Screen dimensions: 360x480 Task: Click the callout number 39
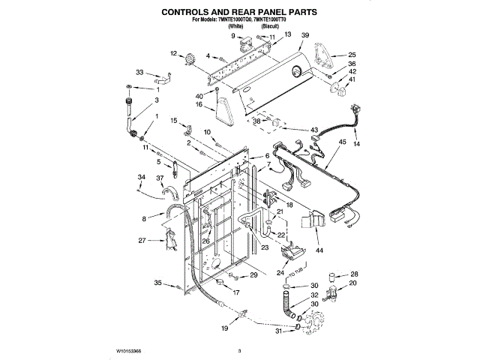(305, 35)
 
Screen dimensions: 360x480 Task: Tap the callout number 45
(342, 142)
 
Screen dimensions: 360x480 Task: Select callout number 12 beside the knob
(173, 53)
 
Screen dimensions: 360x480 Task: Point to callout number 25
(352, 55)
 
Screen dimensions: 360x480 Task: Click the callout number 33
(139, 72)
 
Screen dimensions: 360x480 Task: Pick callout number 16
(200, 105)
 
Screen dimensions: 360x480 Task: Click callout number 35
(158, 283)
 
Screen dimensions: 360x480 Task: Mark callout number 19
(224, 328)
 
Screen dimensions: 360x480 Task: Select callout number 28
(355, 274)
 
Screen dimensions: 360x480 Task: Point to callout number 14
(357, 142)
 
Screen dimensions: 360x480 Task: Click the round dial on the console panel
(297, 73)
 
